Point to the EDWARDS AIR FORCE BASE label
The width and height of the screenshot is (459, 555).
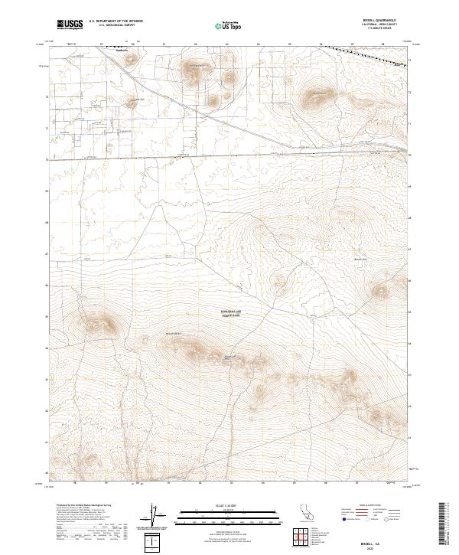point(230,312)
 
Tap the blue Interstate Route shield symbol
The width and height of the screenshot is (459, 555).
point(344,519)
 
